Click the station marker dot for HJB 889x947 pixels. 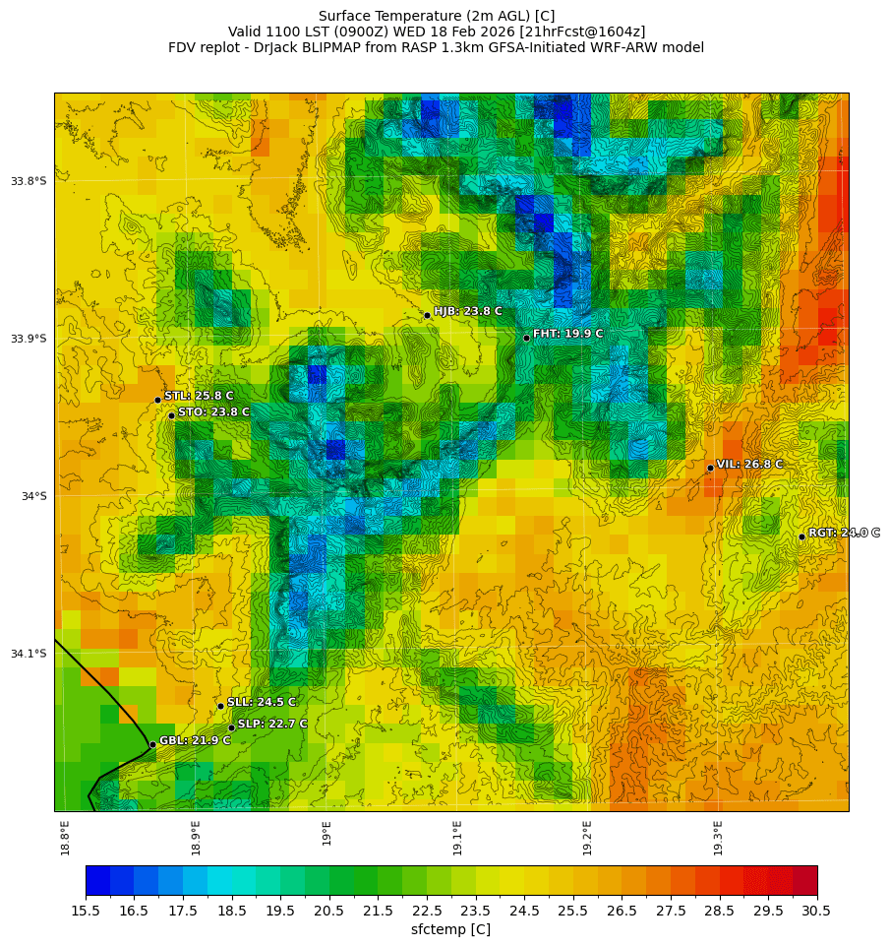point(427,315)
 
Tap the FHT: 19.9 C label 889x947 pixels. point(567,334)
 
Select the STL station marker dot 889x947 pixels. point(157,400)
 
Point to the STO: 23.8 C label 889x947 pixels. point(213,411)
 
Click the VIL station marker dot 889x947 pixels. point(710,468)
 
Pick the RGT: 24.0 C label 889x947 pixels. point(844,533)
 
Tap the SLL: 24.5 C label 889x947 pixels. point(261,702)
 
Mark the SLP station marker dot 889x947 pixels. point(231,727)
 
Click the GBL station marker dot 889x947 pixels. point(152,744)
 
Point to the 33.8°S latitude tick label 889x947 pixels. point(29,181)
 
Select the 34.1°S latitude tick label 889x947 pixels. point(29,654)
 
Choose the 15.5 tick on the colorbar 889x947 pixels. point(86,911)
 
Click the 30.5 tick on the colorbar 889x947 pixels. point(817,911)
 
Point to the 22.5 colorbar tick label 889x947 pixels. point(427,911)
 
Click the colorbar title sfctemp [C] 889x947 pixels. point(450,929)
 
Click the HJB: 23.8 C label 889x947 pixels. point(467,311)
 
